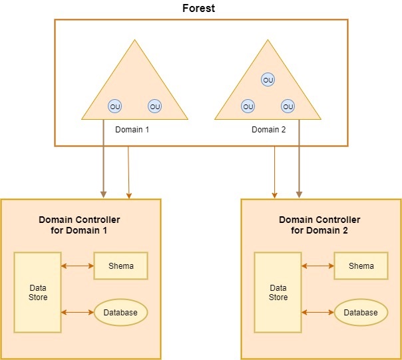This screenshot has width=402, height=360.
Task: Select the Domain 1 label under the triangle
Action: (132, 129)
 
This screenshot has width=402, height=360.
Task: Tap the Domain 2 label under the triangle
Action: (268, 129)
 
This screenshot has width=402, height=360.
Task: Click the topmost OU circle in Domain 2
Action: (268, 80)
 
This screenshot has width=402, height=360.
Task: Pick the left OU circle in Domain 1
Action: (115, 106)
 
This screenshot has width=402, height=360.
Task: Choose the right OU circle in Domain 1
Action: (154, 106)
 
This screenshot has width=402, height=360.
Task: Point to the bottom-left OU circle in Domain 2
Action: (248, 106)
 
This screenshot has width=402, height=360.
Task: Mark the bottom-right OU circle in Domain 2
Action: (288, 106)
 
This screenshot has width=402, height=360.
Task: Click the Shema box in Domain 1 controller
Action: (120, 266)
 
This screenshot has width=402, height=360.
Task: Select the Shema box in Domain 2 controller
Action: (361, 266)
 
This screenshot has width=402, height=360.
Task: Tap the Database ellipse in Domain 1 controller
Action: (120, 312)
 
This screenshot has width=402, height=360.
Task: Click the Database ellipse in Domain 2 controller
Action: (361, 312)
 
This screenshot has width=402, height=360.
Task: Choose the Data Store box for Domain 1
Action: (38, 292)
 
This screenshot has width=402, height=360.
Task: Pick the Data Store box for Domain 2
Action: (278, 292)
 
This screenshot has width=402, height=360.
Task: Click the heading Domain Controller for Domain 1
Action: (79, 225)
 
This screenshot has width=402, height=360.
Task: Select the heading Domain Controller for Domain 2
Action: (319, 225)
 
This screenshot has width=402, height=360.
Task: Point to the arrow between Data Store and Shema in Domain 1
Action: (77, 266)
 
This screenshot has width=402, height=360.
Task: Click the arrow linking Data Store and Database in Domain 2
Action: (317, 312)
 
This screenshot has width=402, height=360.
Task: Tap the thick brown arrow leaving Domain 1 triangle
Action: (103, 160)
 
